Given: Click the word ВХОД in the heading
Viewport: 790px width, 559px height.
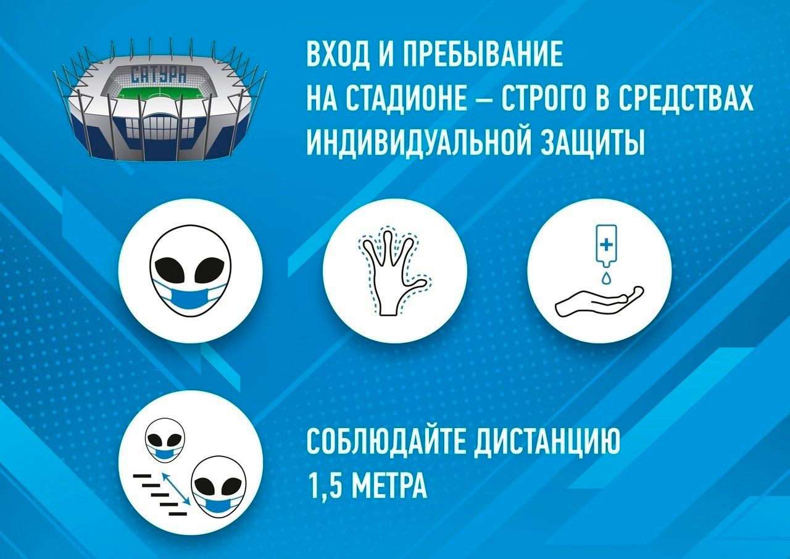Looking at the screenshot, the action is (x=338, y=56).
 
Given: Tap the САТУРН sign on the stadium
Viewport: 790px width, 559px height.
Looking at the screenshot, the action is (x=158, y=74).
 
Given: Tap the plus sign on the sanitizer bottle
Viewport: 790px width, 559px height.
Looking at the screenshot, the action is (x=606, y=244).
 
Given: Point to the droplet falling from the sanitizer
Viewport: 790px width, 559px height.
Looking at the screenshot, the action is (x=605, y=278).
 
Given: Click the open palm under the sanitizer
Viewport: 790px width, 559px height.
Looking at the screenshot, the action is (x=599, y=301).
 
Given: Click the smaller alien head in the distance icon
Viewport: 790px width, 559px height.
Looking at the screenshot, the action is (x=165, y=440).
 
